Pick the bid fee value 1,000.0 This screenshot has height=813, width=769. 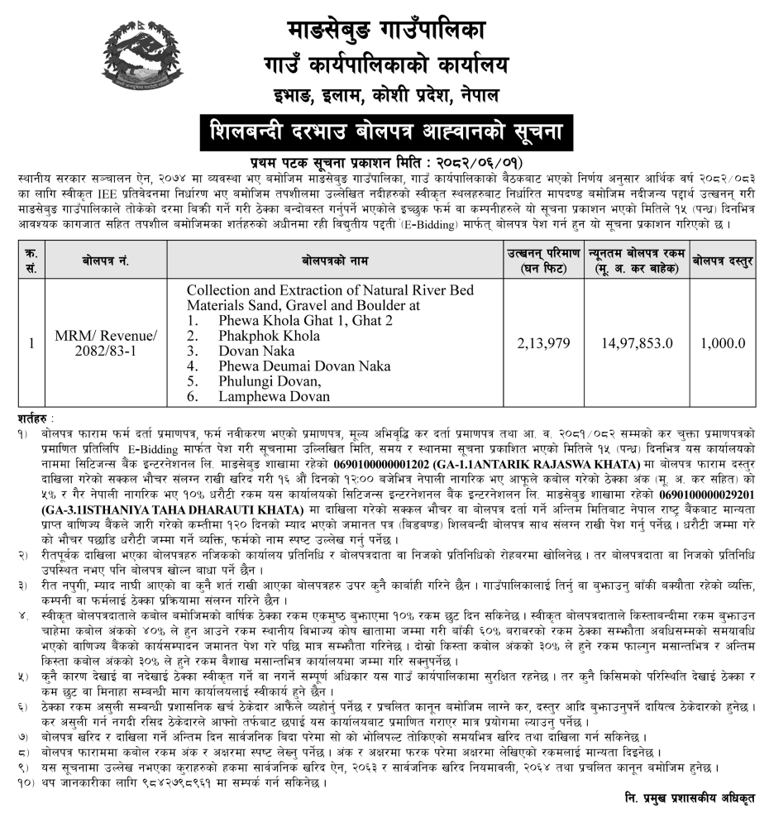coord(723,342)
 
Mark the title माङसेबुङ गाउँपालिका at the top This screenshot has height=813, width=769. coord(386,30)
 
